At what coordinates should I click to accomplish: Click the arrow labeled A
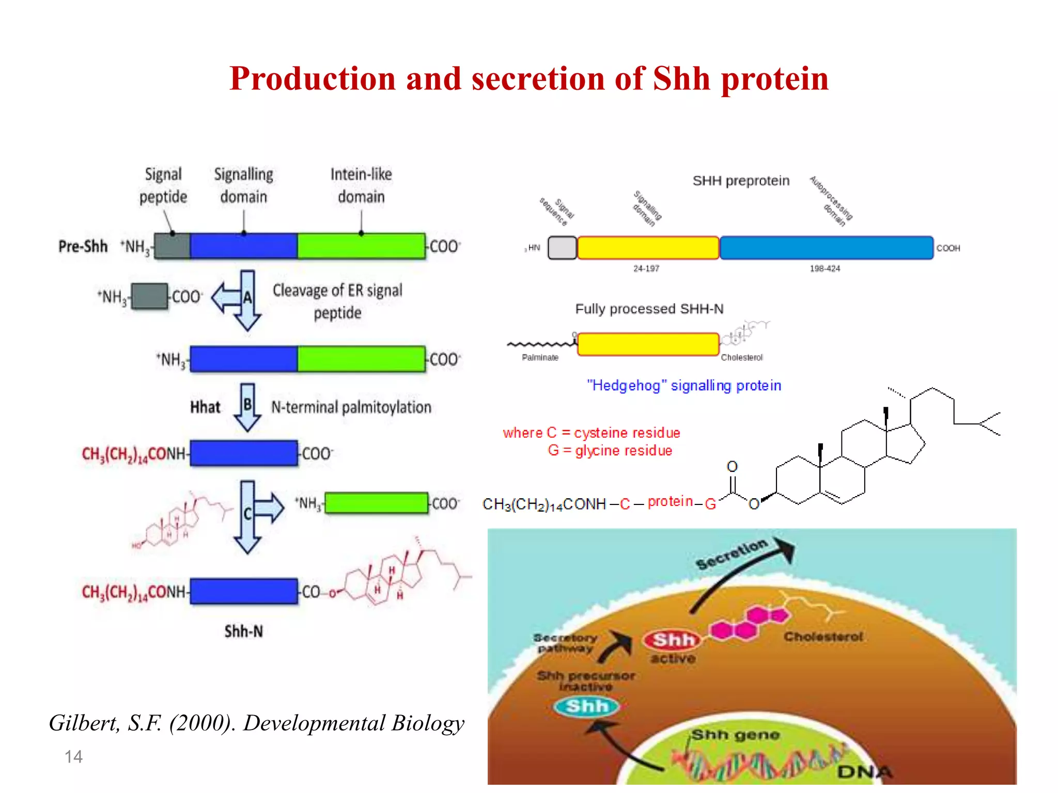[247, 299]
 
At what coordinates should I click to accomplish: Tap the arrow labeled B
[247, 406]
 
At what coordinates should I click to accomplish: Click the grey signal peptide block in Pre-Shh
[173, 246]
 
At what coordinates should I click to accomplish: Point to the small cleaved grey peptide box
[149, 296]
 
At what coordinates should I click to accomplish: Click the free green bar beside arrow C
[376, 503]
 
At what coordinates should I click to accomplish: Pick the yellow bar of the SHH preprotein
[648, 248]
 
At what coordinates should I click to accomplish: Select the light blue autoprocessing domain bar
[826, 248]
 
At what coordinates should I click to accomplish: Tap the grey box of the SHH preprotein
[562, 248]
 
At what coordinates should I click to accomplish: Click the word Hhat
[205, 407]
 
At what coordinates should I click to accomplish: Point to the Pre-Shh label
[83, 246]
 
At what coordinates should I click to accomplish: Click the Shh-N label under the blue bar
[243, 631]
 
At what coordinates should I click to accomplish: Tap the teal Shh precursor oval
[586, 706]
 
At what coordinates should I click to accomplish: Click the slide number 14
[73, 757]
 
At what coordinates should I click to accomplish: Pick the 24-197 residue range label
[646, 268]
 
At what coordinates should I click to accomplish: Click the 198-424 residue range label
[824, 268]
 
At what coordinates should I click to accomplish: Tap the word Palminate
[540, 357]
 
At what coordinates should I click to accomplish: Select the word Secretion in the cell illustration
[731, 554]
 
